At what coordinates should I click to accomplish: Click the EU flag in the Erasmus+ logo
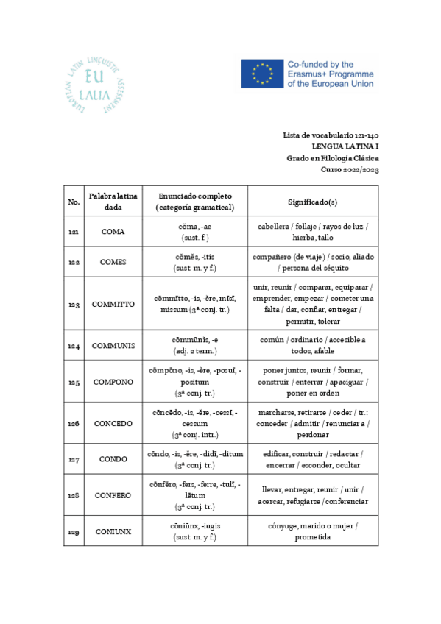click(261, 74)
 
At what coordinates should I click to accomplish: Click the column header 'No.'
click(74, 202)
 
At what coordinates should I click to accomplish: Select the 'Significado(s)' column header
click(312, 202)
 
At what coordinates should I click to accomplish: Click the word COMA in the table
click(113, 232)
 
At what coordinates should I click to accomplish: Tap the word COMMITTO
click(113, 304)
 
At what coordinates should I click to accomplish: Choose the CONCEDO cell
click(113, 423)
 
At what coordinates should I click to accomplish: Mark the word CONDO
click(113, 459)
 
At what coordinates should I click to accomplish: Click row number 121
click(74, 232)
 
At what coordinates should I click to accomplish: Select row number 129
click(74, 531)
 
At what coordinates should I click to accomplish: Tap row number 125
click(74, 382)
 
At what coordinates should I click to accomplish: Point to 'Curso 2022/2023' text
click(350, 169)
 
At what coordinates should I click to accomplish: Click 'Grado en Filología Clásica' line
click(333, 158)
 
